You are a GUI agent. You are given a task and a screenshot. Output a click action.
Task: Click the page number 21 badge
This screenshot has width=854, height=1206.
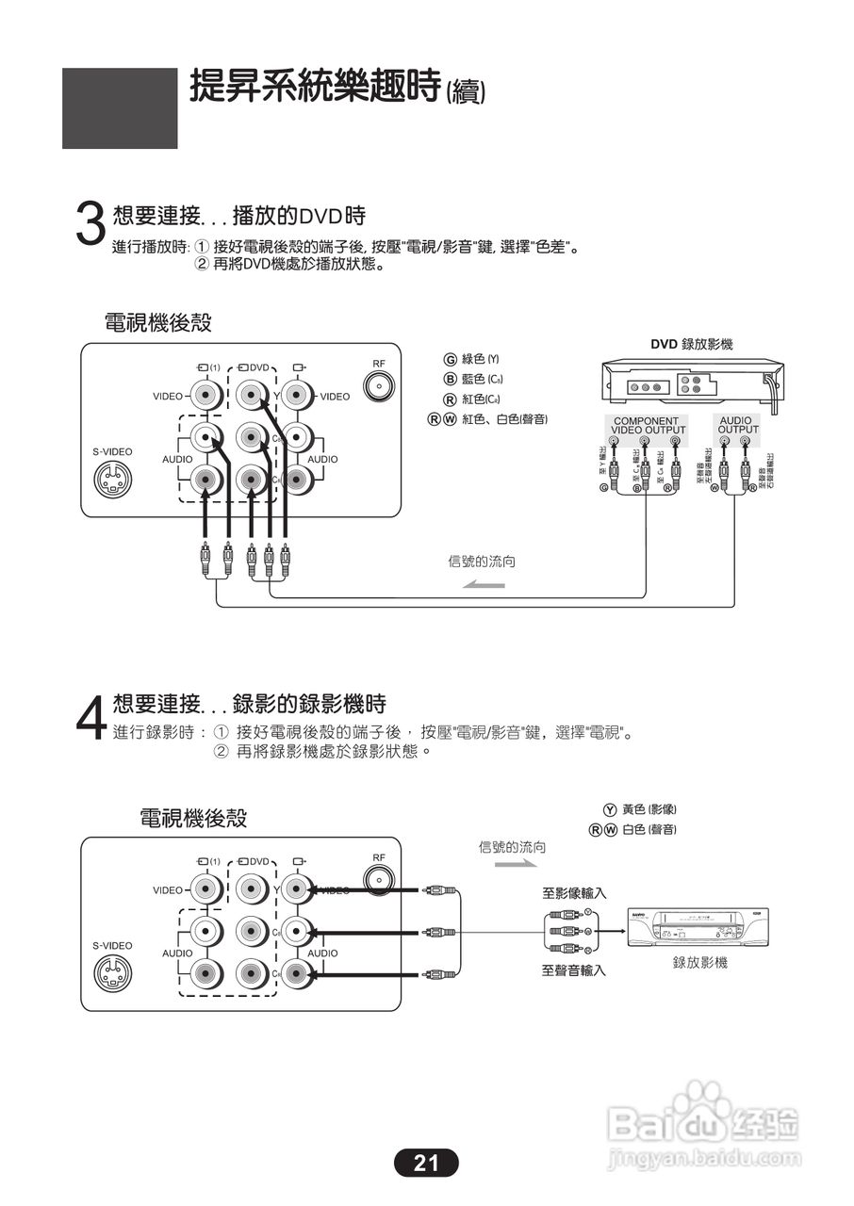(x=426, y=1163)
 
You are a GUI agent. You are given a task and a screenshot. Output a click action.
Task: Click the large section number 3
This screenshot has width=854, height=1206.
(x=90, y=224)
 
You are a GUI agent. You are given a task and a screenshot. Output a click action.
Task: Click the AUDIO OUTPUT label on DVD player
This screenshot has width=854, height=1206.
(x=738, y=425)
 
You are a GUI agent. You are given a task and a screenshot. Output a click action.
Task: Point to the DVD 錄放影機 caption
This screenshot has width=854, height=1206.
(x=691, y=346)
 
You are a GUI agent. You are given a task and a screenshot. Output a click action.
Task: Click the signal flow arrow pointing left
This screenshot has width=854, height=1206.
(x=483, y=586)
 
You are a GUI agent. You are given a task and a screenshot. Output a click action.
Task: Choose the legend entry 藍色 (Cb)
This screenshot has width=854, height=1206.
(x=473, y=379)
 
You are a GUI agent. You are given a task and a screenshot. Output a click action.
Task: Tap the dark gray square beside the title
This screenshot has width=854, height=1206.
(x=120, y=107)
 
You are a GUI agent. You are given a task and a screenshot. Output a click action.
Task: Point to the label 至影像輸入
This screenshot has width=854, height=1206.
(x=573, y=892)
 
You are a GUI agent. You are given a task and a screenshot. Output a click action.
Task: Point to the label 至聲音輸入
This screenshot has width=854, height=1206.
(x=573, y=970)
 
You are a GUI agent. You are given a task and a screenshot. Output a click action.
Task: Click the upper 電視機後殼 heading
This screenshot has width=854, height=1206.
(x=157, y=323)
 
